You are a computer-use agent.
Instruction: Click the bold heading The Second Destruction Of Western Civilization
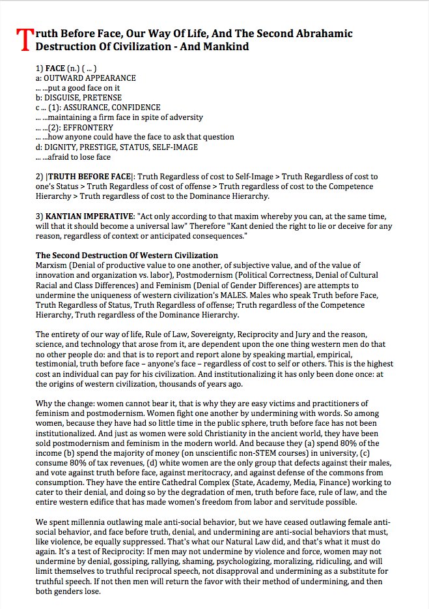127,255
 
